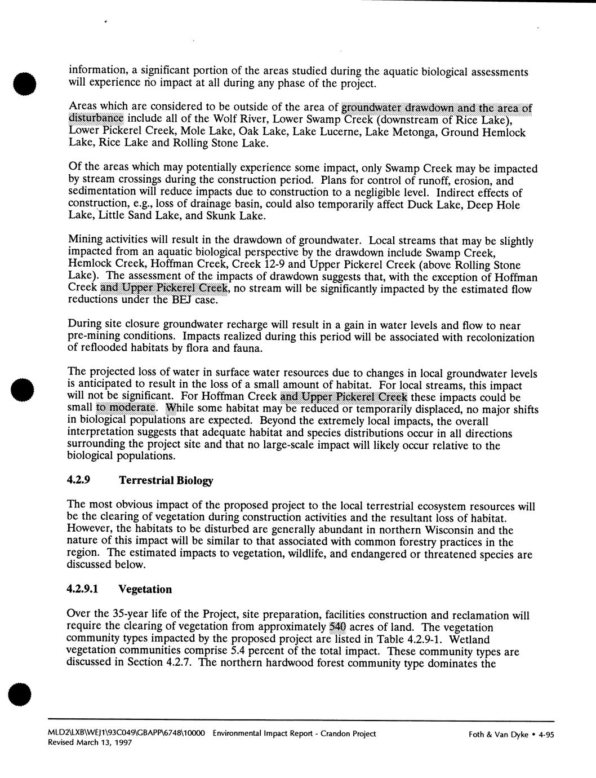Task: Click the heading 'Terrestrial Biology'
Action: (166, 481)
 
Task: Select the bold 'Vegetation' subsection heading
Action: (145, 589)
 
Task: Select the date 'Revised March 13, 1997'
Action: (91, 744)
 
